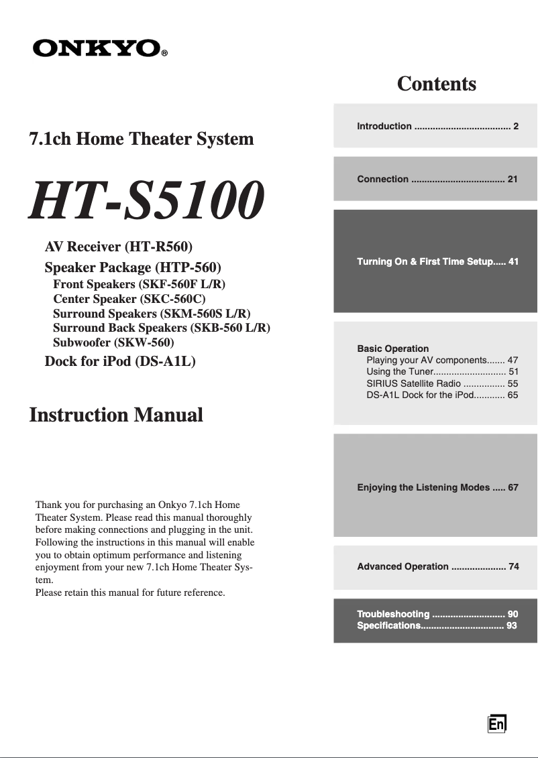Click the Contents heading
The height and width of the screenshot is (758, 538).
[x=436, y=84]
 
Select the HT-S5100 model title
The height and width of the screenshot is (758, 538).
[x=146, y=201]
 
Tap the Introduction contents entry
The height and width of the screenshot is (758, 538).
[x=437, y=126]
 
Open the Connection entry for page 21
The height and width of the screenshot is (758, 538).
[x=437, y=179]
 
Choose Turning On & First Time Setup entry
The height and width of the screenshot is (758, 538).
[x=437, y=261]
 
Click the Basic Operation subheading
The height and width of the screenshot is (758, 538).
[x=393, y=349]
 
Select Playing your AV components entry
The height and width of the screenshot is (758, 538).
[x=441, y=360]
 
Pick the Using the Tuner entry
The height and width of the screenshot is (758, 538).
[x=441, y=371]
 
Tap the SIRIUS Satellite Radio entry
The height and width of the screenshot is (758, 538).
[x=441, y=383]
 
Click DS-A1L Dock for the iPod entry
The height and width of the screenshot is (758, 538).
[x=441, y=395]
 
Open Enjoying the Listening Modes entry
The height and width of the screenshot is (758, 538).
[x=437, y=487]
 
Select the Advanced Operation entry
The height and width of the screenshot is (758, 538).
[x=437, y=566]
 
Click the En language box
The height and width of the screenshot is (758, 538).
[x=496, y=724]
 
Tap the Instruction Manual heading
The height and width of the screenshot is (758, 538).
[x=116, y=415]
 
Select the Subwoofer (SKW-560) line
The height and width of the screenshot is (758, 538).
[x=113, y=342]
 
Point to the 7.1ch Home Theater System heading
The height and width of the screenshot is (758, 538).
[x=142, y=139]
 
